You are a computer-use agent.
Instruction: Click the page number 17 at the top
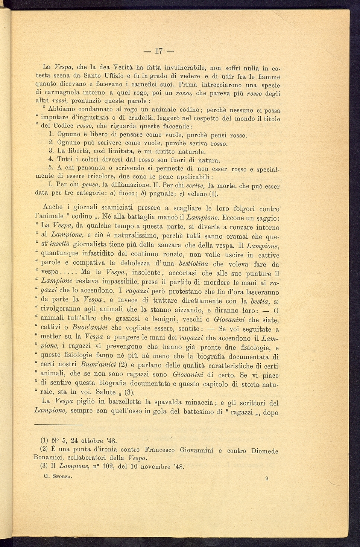158,50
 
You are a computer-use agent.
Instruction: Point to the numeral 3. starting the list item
52,152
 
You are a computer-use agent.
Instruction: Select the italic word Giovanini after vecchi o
229,320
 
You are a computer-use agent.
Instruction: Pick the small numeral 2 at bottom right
266,478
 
